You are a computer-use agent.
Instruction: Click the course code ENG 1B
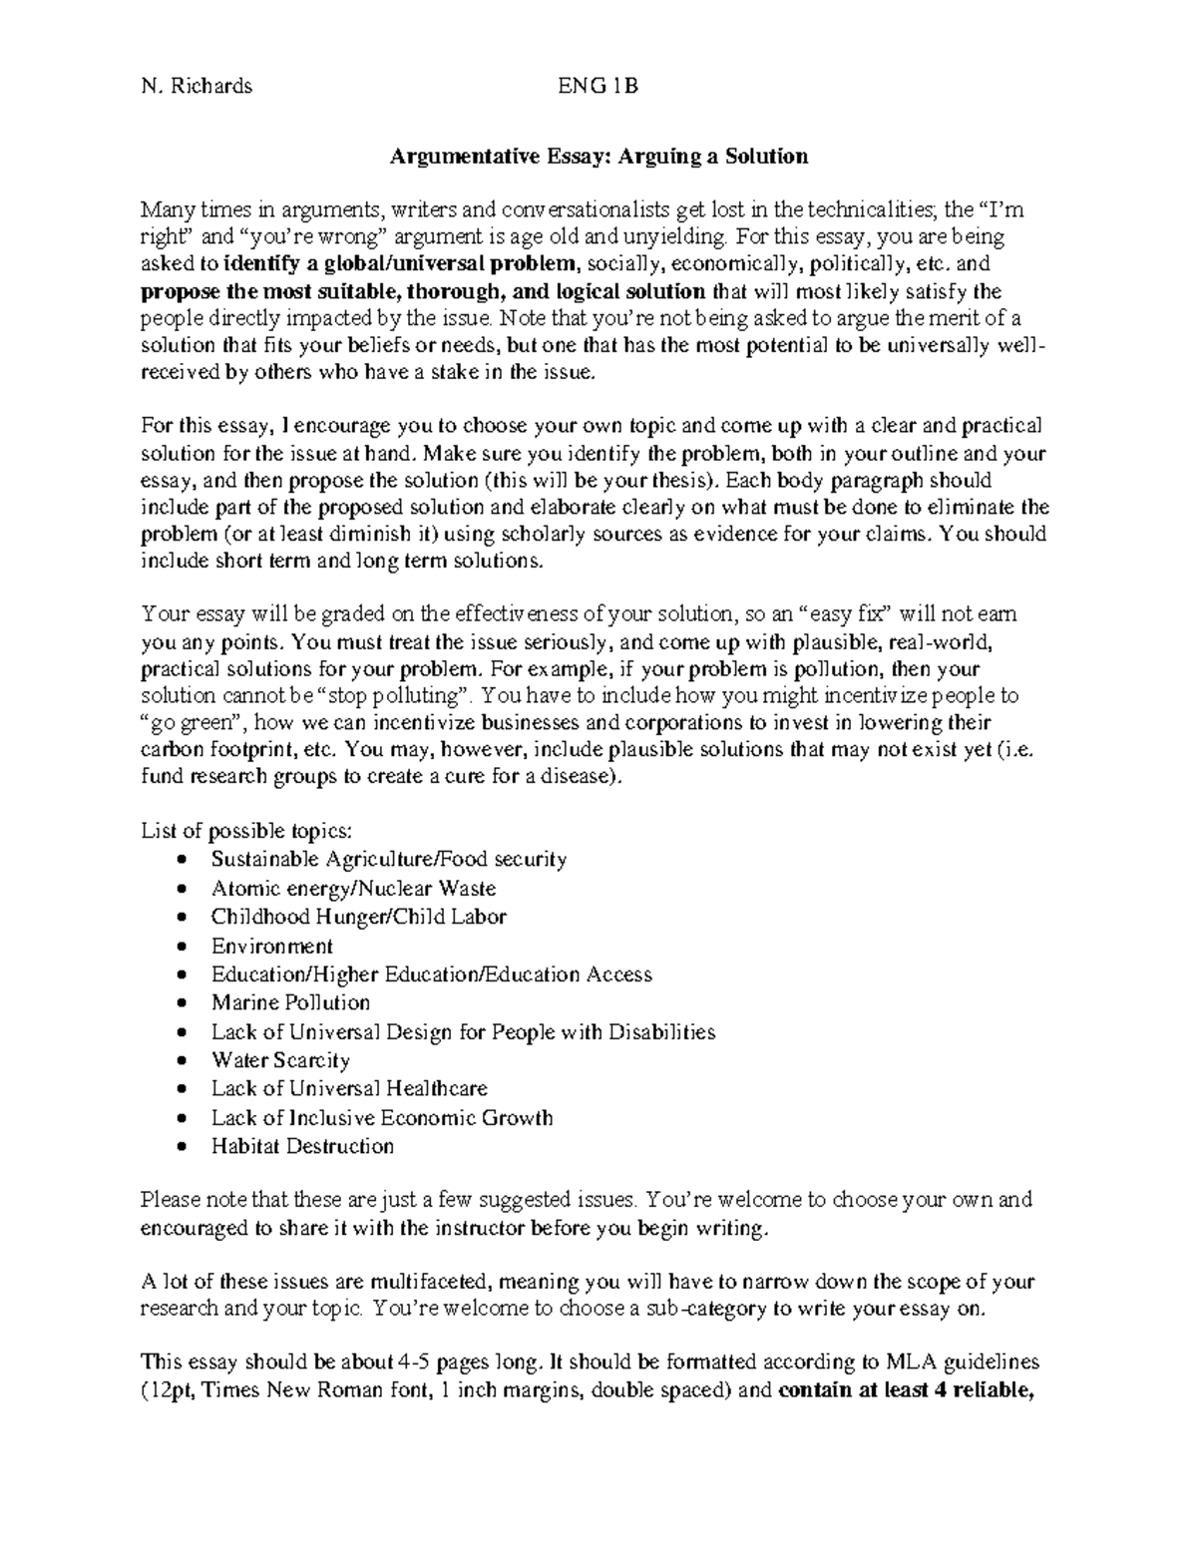coord(598,86)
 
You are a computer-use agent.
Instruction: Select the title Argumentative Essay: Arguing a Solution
coord(598,157)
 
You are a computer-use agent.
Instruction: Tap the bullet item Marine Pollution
coord(290,1002)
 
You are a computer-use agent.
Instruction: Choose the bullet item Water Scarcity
coord(280,1060)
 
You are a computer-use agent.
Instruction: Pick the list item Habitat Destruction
coord(302,1146)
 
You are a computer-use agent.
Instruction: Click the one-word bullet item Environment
coord(271,946)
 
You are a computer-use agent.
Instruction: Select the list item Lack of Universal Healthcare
coord(349,1088)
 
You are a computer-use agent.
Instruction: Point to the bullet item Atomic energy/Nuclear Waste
coord(353,888)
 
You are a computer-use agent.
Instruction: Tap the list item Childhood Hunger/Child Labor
coord(359,917)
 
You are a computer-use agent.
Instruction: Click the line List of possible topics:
coord(246,831)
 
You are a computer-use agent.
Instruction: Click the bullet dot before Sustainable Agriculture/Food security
coord(180,861)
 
